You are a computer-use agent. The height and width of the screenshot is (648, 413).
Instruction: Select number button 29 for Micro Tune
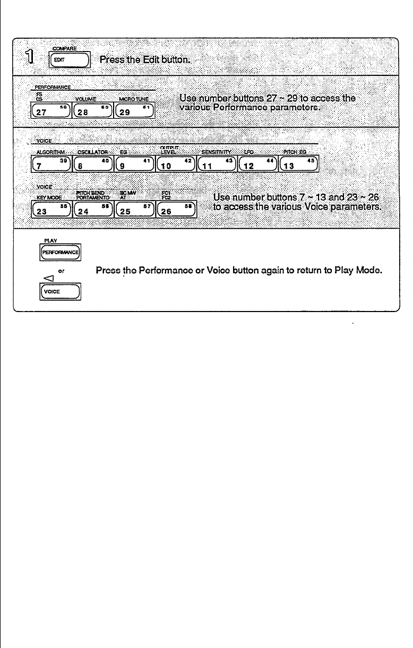click(x=134, y=112)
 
